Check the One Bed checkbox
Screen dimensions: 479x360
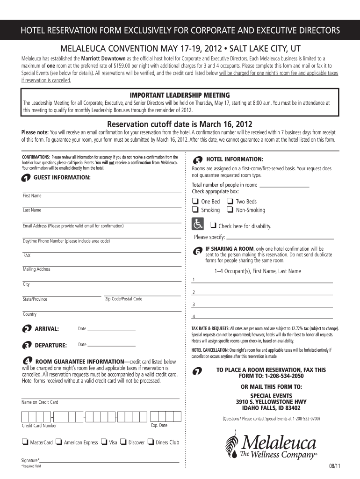click(x=195, y=201)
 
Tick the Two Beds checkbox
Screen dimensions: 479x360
click(x=230, y=201)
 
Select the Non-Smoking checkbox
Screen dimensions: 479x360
click(x=230, y=210)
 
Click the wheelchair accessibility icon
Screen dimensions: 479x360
click(x=198, y=224)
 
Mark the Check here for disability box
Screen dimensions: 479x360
click(x=213, y=225)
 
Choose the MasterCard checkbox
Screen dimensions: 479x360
click(x=24, y=442)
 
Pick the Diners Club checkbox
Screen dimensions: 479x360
click(x=151, y=442)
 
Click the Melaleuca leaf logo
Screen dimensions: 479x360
click(x=233, y=445)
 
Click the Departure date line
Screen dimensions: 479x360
click(x=112, y=345)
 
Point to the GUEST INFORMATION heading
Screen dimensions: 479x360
click(x=62, y=178)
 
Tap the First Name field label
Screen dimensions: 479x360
click(x=32, y=196)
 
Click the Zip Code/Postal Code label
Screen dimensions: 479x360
click(x=123, y=299)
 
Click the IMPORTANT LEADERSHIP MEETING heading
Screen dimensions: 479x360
click(x=180, y=95)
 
